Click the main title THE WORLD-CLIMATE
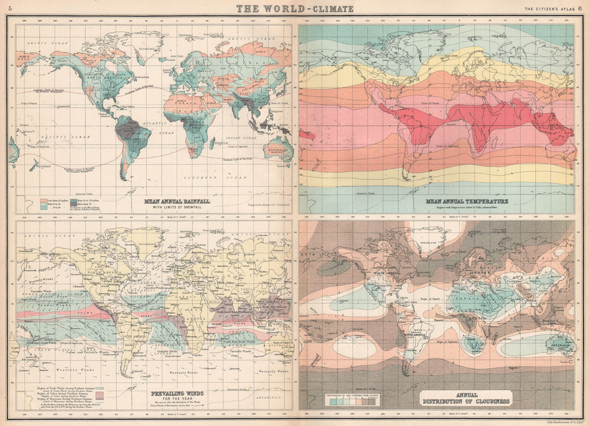pyautogui.click(x=295, y=8)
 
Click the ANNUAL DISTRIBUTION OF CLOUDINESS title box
pyautogui.click(x=464, y=398)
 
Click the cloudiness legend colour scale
pyautogui.click(x=352, y=400)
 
